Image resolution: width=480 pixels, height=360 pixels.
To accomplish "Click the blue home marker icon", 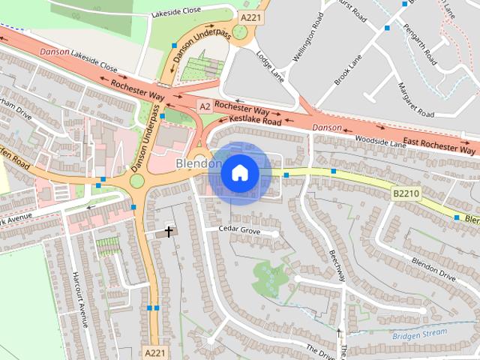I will point(239,173).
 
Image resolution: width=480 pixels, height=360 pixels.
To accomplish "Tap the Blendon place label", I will point(198,163).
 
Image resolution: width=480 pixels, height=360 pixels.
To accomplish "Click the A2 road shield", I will point(205,107).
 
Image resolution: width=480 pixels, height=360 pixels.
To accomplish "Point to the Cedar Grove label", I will point(238,229).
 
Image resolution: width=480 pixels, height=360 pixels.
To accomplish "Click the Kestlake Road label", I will point(255,120).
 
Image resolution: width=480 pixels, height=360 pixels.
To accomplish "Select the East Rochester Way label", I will point(439,145).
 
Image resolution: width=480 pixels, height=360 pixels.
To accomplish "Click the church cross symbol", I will point(169,231).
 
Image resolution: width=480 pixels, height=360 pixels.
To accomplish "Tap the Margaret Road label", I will point(416,99).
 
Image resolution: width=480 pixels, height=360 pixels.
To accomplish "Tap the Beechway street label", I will point(335,265).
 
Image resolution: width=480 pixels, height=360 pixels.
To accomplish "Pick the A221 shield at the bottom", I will point(154,351).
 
